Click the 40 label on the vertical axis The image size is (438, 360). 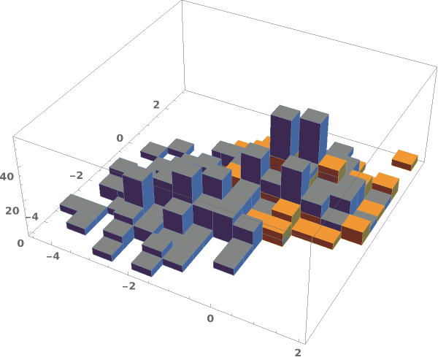(7, 177)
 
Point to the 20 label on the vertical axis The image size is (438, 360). (12, 211)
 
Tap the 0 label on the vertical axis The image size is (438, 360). (20, 243)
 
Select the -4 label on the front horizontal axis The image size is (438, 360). (53, 256)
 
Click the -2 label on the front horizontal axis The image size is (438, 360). (129, 286)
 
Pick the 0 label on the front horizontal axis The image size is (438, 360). (210, 318)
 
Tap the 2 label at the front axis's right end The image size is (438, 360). (298, 353)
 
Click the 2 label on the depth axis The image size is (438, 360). (156, 104)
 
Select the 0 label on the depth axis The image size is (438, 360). (120, 138)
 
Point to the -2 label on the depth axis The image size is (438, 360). (77, 175)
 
